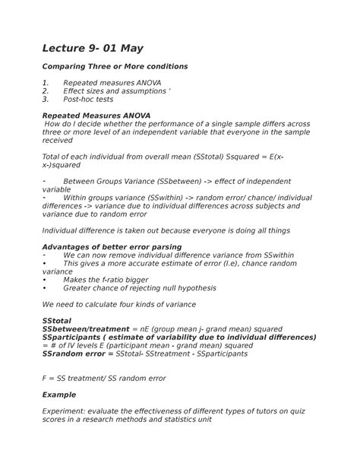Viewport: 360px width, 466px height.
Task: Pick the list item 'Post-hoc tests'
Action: [88, 99]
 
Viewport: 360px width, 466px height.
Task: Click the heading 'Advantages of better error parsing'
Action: [112, 247]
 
